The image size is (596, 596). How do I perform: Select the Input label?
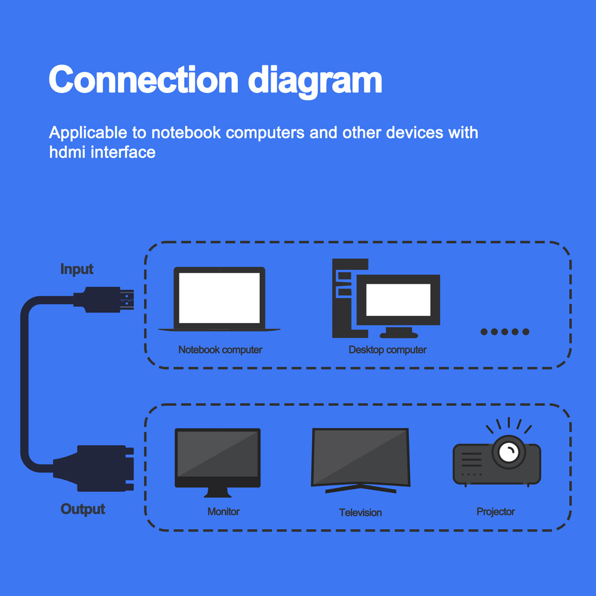click(x=77, y=269)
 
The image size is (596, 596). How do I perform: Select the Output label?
click(x=83, y=510)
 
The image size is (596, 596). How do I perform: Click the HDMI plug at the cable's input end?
click(x=107, y=300)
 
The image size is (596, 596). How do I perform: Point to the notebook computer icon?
click(x=219, y=299)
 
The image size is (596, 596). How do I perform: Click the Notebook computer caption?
click(x=220, y=350)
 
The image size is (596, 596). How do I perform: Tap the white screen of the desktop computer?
click(x=398, y=300)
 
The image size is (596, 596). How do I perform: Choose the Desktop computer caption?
click(x=387, y=350)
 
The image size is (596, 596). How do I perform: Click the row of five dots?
click(x=505, y=331)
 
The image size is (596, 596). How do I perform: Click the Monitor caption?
click(x=223, y=511)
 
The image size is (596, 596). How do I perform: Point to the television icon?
click(x=361, y=459)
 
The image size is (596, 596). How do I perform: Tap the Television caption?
click(x=361, y=513)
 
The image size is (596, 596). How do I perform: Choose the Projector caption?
click(x=495, y=511)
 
